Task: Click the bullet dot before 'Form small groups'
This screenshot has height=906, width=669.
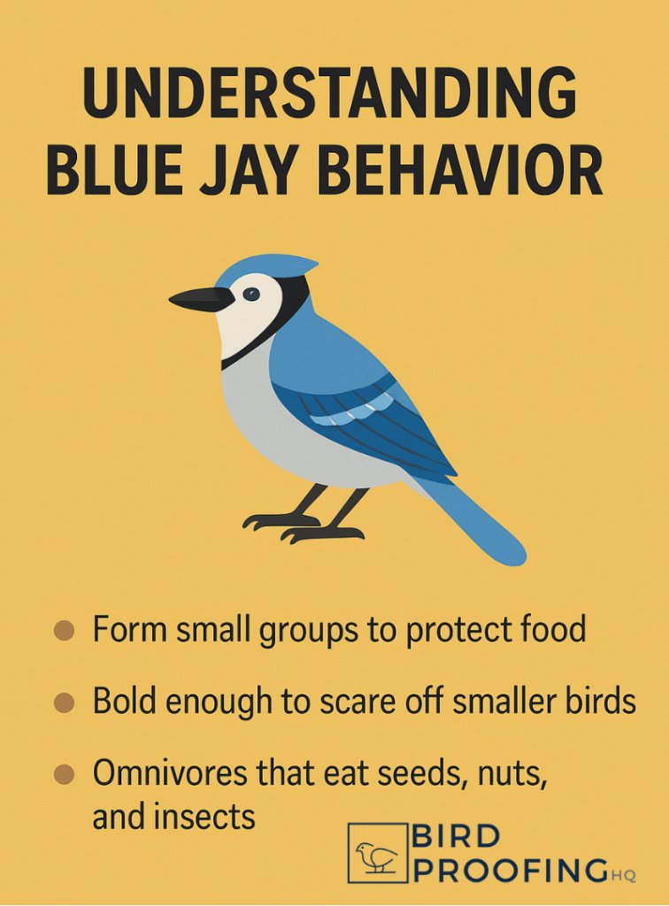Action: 63,632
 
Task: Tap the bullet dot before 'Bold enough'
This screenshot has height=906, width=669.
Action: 63,703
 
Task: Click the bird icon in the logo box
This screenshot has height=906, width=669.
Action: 377,854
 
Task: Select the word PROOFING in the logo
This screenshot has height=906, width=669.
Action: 511,869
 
